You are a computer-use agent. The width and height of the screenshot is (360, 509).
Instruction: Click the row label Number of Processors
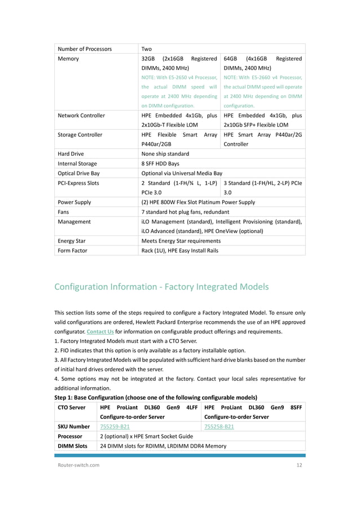tap(85, 49)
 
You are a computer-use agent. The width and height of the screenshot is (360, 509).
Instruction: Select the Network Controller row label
tap(81, 115)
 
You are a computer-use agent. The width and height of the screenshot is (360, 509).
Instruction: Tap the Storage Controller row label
tap(80, 135)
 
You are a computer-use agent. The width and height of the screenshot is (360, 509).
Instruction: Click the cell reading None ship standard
tap(165, 153)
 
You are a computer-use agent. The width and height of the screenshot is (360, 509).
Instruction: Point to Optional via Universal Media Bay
tap(182, 173)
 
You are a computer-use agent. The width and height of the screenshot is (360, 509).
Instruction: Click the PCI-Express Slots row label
tap(79, 183)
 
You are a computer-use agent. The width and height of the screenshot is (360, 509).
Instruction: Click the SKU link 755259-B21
tap(115, 427)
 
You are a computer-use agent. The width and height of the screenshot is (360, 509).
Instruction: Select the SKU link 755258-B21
tap(219, 427)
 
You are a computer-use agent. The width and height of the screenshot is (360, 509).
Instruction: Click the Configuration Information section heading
tap(161, 287)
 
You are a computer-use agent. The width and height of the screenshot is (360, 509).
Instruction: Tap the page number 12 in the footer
tap(300, 465)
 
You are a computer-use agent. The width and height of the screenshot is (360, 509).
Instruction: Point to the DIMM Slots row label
tap(73, 446)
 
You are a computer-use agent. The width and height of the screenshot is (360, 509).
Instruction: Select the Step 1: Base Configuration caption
tap(155, 397)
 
